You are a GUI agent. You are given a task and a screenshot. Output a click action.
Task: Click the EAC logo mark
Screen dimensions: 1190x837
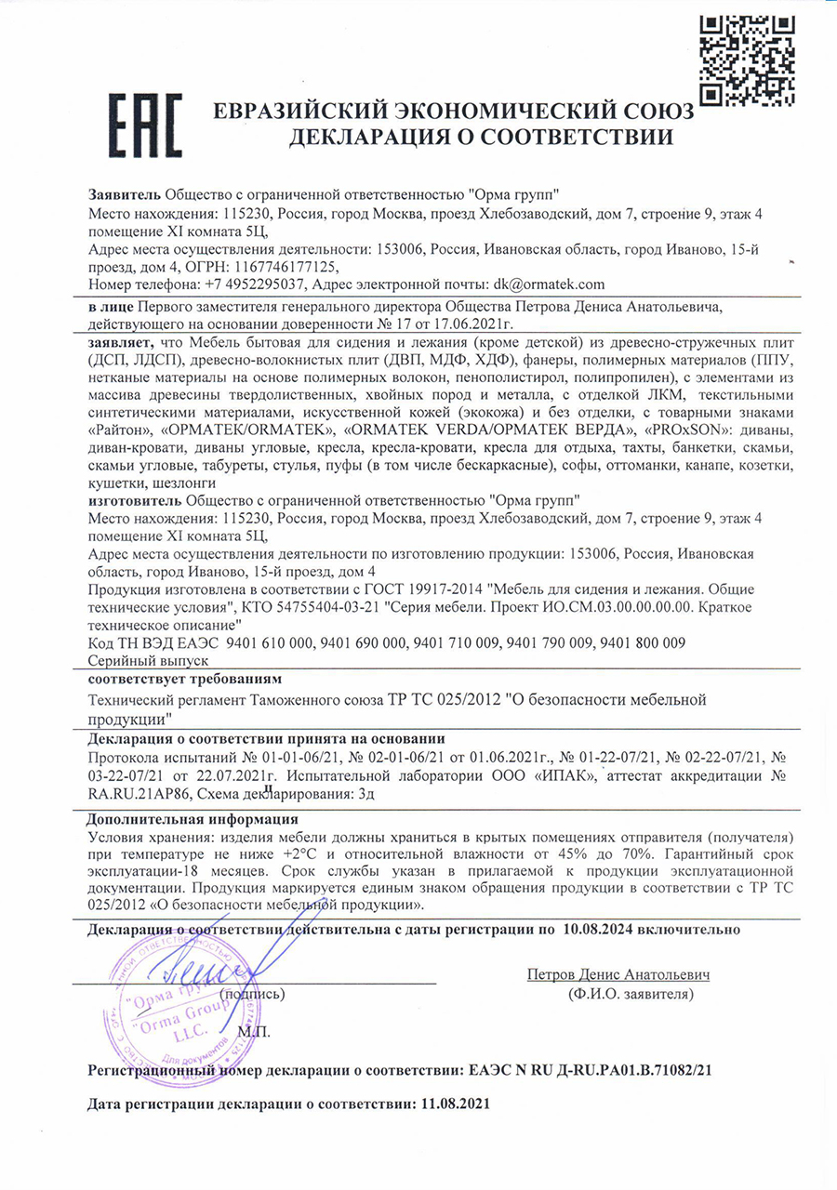pos(144,125)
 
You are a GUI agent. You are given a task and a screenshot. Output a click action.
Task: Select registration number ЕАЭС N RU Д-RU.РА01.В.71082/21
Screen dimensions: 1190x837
pos(589,1070)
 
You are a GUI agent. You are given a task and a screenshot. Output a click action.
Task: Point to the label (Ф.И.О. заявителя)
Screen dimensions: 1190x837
pos(630,994)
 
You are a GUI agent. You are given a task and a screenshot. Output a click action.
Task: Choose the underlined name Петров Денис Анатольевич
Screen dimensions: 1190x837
pos(618,975)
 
